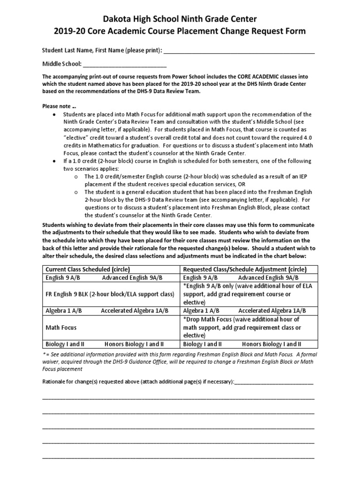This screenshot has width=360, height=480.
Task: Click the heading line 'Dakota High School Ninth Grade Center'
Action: tap(180, 19)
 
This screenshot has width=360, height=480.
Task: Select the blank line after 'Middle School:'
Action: tap(125, 64)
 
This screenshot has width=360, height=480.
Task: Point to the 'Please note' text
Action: tap(58, 106)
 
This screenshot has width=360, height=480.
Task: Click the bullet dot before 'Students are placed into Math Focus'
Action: tap(55, 114)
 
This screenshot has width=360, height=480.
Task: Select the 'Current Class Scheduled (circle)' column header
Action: tap(87, 270)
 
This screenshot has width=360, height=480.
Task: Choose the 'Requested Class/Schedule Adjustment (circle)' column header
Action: tap(245, 270)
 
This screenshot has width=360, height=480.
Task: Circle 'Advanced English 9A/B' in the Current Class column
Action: tap(132, 278)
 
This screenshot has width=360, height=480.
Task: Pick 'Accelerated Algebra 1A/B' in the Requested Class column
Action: tap(272, 311)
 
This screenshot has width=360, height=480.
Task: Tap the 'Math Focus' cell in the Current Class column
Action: tap(61, 327)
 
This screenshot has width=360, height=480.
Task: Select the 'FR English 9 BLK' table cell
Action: tap(109, 294)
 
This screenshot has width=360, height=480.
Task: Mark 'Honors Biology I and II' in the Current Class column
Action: tap(134, 344)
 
